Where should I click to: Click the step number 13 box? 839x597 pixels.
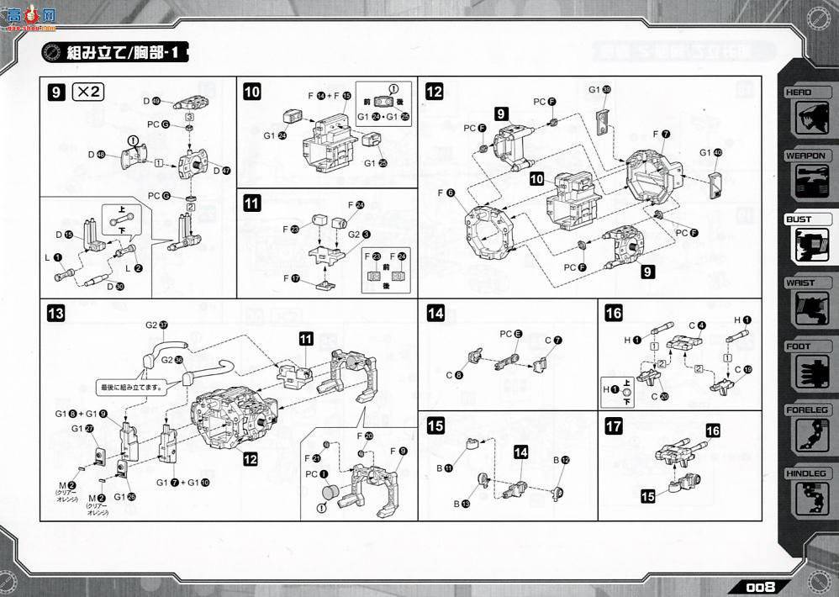pos(55,314)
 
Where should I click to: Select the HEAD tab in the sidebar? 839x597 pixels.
pos(804,92)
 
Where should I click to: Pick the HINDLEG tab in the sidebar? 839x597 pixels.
pos(806,474)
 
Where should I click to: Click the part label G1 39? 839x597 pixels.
pos(599,89)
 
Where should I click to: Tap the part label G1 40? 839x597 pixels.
pos(710,152)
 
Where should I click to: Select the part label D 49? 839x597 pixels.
pos(151,101)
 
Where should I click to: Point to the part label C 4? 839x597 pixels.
pos(697,325)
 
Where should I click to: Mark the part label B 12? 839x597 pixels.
pos(561,460)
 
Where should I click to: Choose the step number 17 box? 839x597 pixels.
pos(614,425)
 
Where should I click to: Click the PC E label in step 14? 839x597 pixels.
pos(512,334)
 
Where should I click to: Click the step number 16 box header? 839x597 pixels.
pos(614,314)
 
